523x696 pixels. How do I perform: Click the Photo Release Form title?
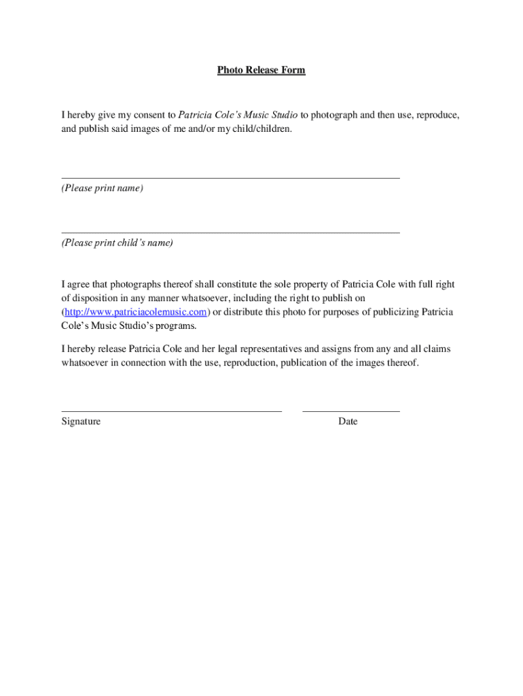click(x=261, y=70)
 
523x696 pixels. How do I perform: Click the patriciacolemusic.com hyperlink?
click(x=135, y=312)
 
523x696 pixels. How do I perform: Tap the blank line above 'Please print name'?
click(x=230, y=178)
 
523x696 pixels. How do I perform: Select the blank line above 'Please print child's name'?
click(x=230, y=232)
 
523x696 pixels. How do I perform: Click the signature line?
click(x=171, y=411)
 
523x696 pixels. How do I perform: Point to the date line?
click(x=350, y=411)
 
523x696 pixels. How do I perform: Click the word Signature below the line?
click(x=81, y=421)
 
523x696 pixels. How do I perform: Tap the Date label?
click(x=348, y=421)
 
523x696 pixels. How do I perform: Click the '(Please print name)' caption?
click(x=103, y=188)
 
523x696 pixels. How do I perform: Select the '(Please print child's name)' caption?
click(x=118, y=243)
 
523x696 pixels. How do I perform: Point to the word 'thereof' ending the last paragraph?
click(x=403, y=363)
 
